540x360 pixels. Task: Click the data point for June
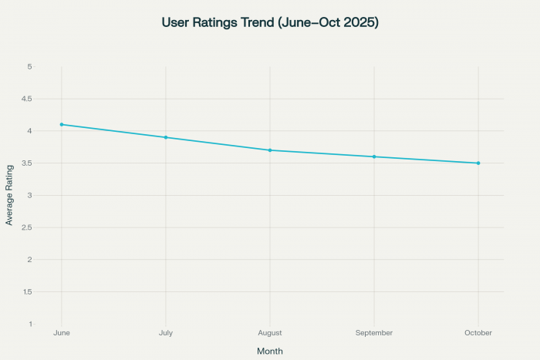pos(62,124)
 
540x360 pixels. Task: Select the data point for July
pos(166,137)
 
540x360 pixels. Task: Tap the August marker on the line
pos(270,150)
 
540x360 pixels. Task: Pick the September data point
pos(374,156)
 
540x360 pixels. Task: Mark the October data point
pos(478,163)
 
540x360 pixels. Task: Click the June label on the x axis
pos(62,333)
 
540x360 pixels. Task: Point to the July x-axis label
pos(166,333)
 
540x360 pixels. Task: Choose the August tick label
pos(270,333)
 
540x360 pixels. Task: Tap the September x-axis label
pos(374,333)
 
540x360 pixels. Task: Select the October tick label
pos(478,333)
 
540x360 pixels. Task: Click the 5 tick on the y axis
pos(51,66)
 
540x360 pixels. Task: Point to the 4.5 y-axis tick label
pos(48,99)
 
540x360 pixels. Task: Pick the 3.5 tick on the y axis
pos(48,163)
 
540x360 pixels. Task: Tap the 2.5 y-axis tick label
pos(48,227)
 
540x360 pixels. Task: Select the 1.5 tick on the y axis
pos(48,291)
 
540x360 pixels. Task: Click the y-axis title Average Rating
pos(9,195)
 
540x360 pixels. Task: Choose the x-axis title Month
pos(270,351)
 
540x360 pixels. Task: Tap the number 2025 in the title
pos(359,23)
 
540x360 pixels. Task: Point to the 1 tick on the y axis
pos(51,324)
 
